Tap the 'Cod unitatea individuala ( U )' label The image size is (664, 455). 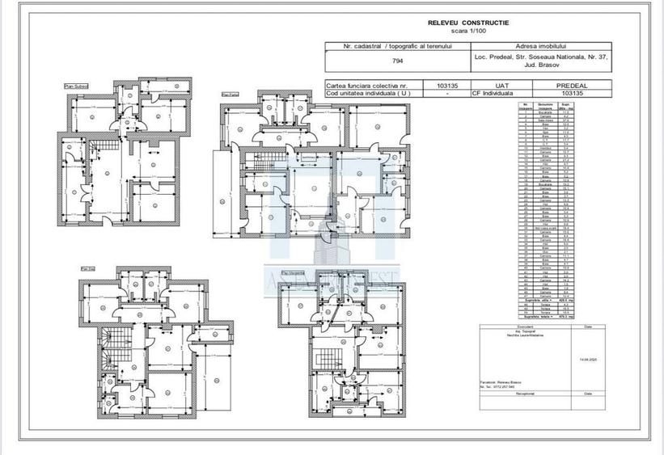click(x=364, y=92)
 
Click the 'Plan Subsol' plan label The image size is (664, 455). click(x=76, y=86)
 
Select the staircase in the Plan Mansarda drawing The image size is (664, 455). click(x=329, y=356)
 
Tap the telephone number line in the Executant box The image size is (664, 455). click(x=501, y=386)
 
